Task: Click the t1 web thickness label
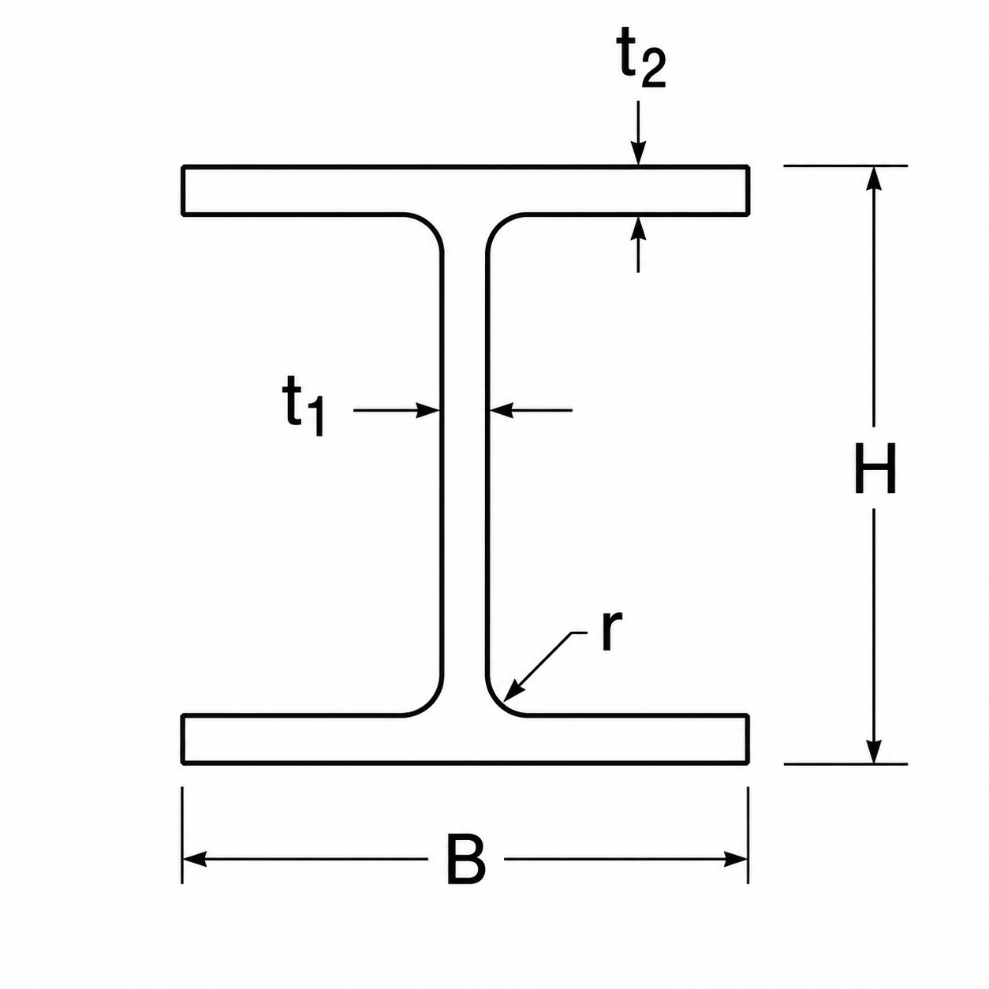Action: tap(305, 405)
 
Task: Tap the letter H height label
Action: tap(875, 467)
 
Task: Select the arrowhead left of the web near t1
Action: tap(427, 411)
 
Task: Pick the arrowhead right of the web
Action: tap(502, 411)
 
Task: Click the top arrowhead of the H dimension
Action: tap(875, 178)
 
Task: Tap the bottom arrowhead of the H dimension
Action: tap(875, 751)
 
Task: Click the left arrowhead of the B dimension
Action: tap(195, 859)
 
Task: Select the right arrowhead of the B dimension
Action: tap(735, 859)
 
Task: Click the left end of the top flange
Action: tap(183, 189)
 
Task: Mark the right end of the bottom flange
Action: tap(747, 739)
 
